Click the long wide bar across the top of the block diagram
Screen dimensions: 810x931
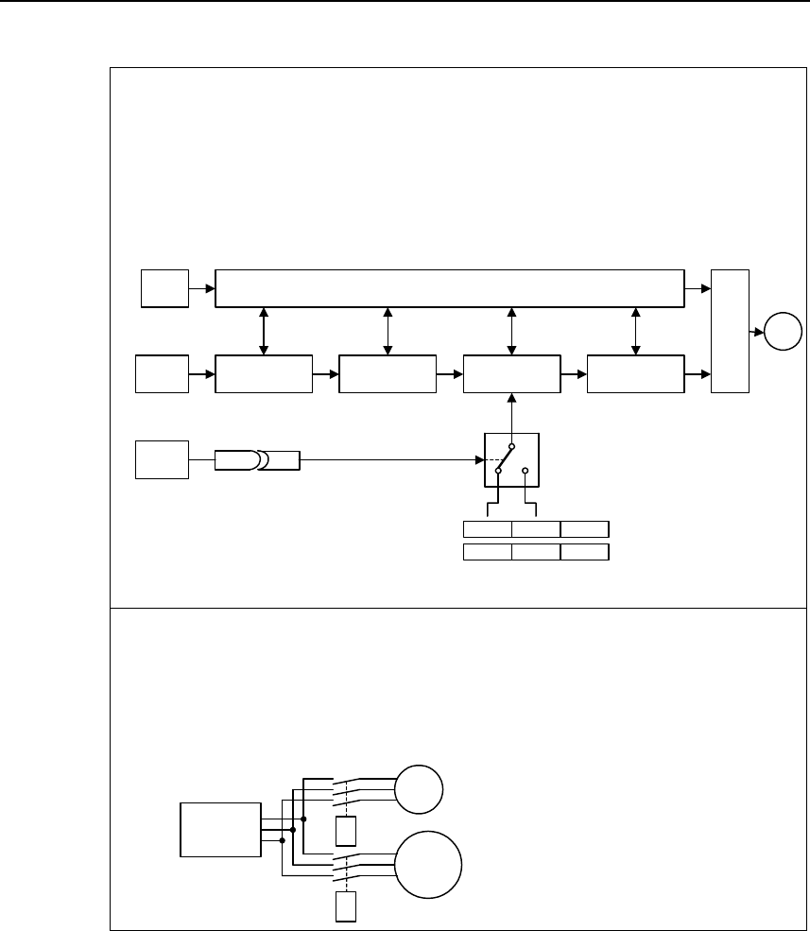click(450, 288)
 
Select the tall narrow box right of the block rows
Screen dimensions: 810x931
click(730, 331)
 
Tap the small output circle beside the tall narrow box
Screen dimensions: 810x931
click(784, 333)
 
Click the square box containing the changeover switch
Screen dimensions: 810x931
click(511, 459)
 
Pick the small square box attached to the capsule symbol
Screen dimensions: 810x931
click(163, 459)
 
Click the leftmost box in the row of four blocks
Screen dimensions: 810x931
click(264, 374)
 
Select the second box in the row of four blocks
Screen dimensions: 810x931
click(388, 374)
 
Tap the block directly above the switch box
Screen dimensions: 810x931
click(511, 374)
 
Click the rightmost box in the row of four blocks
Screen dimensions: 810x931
click(635, 374)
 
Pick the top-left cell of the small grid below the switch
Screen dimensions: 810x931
click(487, 528)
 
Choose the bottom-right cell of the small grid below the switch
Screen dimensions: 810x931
click(584, 552)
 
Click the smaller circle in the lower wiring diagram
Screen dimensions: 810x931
click(419, 790)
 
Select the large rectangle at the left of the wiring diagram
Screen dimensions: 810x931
click(220, 829)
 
